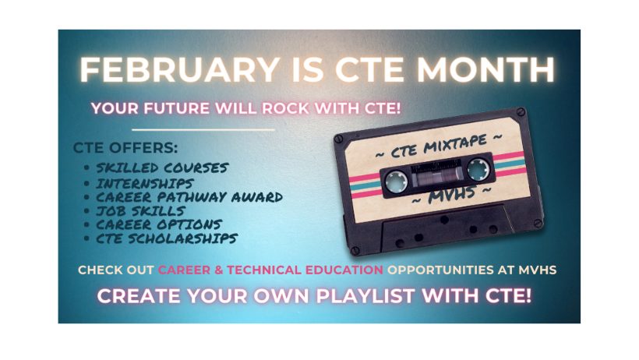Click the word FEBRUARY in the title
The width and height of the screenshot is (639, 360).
(180, 69)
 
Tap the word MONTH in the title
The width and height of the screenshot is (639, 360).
(485, 69)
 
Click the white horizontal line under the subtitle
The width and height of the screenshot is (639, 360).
(203, 130)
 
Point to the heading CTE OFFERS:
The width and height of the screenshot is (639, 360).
(125, 147)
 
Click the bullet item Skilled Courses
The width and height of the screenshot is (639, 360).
(162, 168)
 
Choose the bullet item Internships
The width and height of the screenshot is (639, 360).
(145, 183)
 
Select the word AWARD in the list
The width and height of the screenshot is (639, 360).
(257, 197)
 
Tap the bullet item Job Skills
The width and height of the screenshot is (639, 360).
(140, 211)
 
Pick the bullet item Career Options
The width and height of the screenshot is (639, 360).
(159, 224)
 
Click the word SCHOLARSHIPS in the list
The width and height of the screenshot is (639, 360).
(182, 238)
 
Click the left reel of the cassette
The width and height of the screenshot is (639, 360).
(397, 181)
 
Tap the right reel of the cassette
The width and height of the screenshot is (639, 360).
(478, 168)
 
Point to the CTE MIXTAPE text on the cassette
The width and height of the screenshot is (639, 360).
(439, 146)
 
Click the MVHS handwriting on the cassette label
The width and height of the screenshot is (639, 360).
(452, 195)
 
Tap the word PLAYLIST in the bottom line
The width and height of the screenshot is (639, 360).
(365, 296)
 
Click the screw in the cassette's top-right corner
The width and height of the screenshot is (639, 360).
(521, 111)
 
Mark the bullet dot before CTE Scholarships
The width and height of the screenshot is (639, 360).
(86, 238)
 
